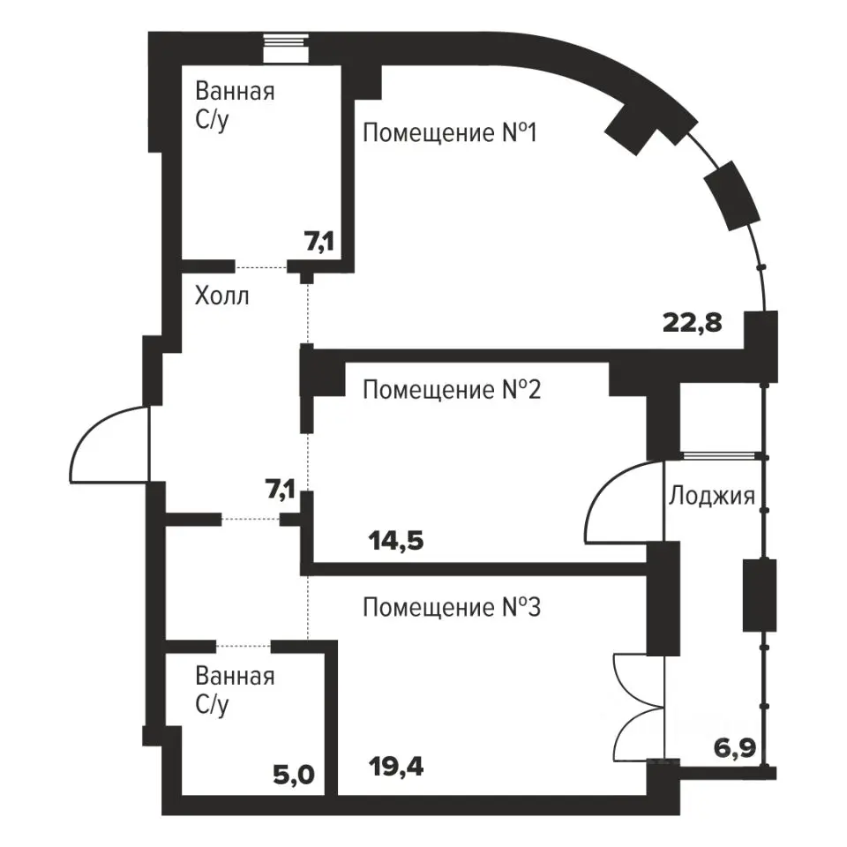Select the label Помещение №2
[450, 389]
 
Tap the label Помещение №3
[450, 607]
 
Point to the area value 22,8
[693, 322]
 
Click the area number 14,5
[395, 540]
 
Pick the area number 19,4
[395, 766]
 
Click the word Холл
[221, 296]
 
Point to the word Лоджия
[711, 495]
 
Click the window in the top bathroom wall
[286, 49]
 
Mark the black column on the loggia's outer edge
[759, 595]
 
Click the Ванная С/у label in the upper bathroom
[234, 105]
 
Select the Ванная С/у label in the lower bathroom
[234, 691]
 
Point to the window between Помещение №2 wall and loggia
[722, 456]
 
